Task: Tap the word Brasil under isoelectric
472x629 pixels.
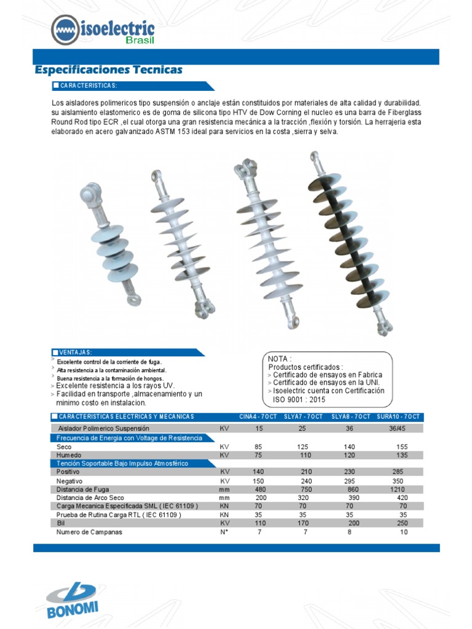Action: (x=140, y=41)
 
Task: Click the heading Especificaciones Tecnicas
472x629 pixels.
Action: (x=109, y=70)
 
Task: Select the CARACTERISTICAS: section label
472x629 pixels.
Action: (x=89, y=85)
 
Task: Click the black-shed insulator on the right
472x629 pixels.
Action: (x=350, y=243)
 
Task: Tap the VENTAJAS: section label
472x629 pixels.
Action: (x=76, y=352)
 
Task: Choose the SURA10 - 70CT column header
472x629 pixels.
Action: (x=398, y=416)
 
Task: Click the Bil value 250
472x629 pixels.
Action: (x=403, y=523)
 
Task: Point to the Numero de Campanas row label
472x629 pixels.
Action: (x=89, y=532)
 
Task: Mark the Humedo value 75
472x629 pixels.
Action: (x=259, y=455)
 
